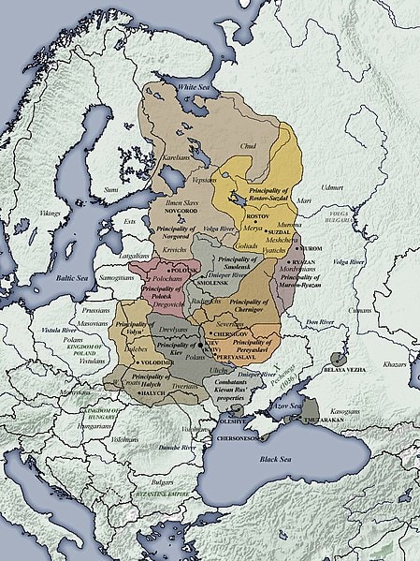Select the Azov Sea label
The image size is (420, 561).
click(286, 406)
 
